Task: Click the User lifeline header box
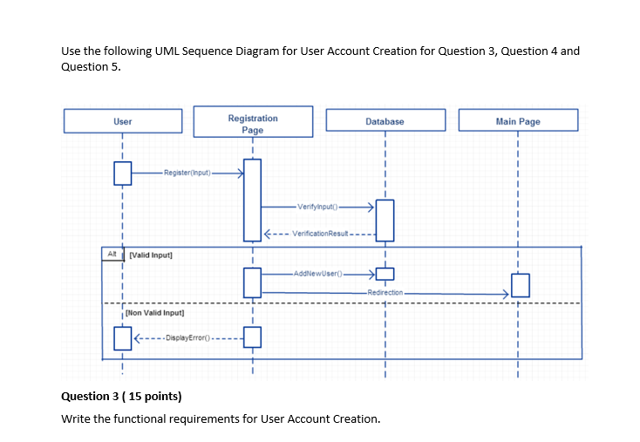pyautogui.click(x=122, y=121)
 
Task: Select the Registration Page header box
pyautogui.click(x=253, y=123)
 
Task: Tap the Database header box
pyautogui.click(x=385, y=121)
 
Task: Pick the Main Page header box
pyautogui.click(x=518, y=121)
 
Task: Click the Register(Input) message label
pyautogui.click(x=186, y=174)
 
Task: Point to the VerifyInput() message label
pyautogui.click(x=316, y=207)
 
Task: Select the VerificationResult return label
pyautogui.click(x=320, y=234)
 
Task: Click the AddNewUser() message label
pyautogui.click(x=318, y=272)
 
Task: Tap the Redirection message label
pyautogui.click(x=385, y=293)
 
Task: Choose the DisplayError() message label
pyautogui.click(x=185, y=337)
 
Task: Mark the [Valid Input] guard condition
pyautogui.click(x=151, y=255)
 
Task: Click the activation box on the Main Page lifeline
pyautogui.click(x=519, y=285)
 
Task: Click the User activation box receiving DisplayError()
pyautogui.click(x=122, y=337)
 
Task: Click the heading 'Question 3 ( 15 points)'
pyautogui.click(x=121, y=397)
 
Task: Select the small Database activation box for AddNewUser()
pyautogui.click(x=385, y=275)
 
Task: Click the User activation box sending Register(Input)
pyautogui.click(x=122, y=174)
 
